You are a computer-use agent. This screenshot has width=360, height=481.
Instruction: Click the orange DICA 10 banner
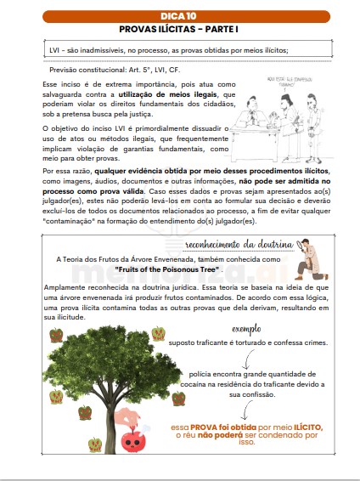pos(179,15)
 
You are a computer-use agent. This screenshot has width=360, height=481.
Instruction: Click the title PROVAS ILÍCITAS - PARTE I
pos(179,28)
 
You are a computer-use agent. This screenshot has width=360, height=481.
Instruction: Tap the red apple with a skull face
pos(132,439)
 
